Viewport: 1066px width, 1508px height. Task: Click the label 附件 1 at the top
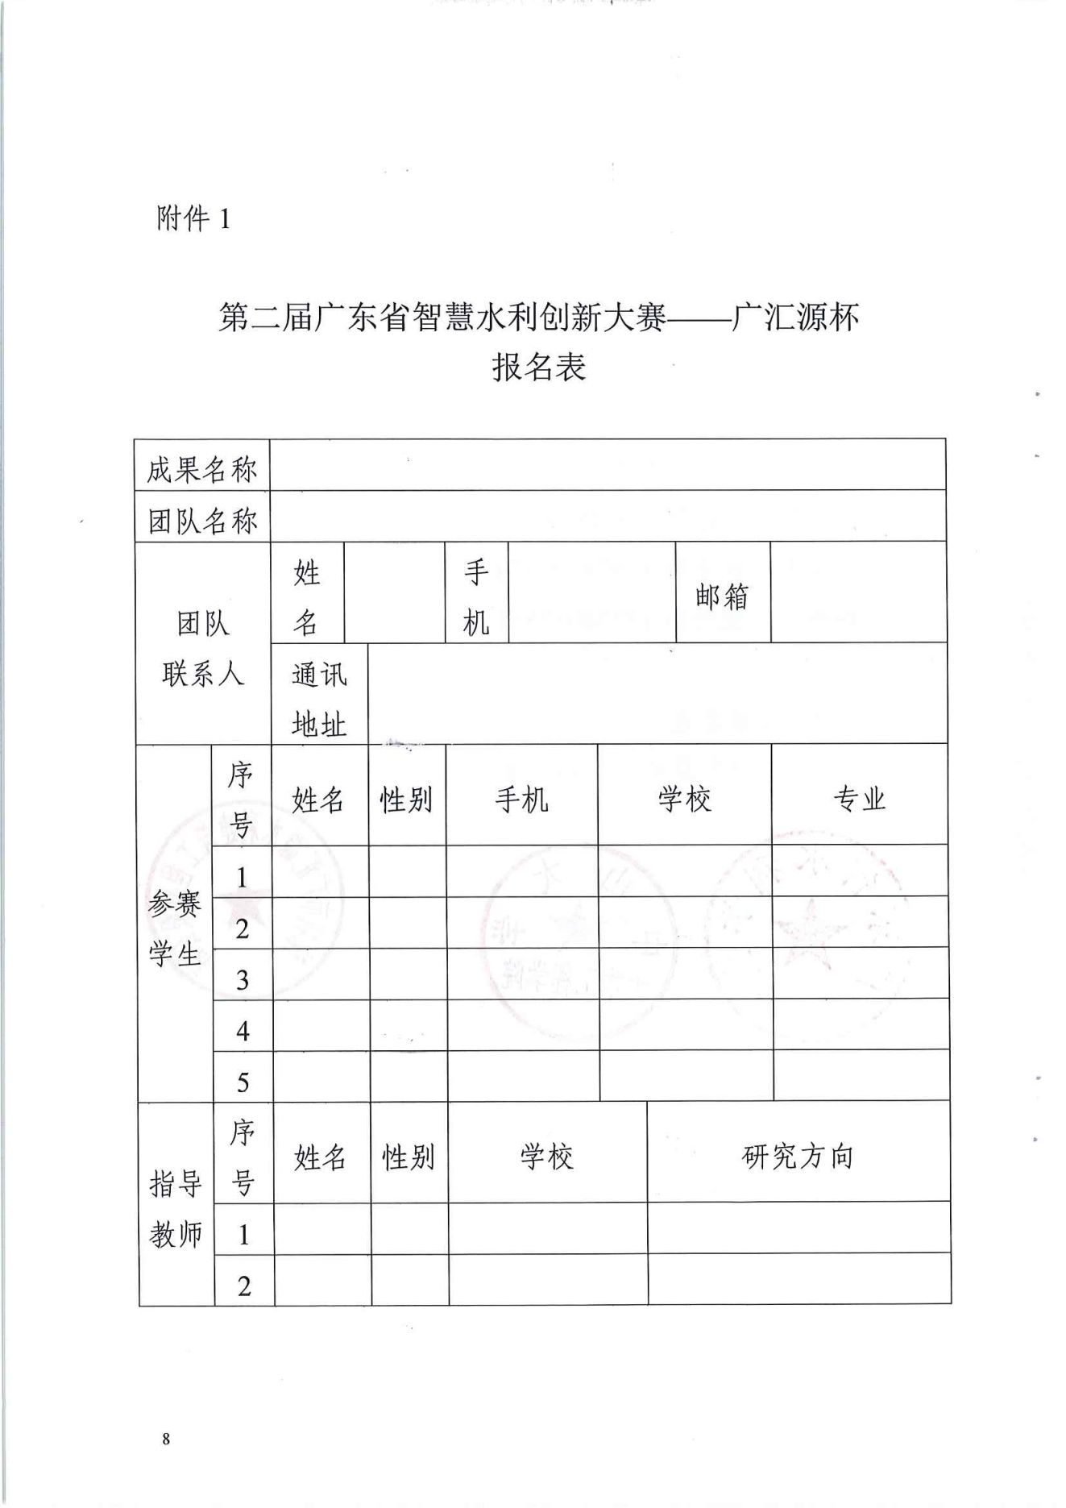point(193,218)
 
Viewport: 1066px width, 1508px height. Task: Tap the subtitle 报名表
point(538,368)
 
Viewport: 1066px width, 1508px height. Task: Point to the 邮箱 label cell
point(722,596)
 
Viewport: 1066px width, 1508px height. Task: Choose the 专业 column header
point(859,799)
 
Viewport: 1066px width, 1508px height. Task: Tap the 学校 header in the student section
point(684,799)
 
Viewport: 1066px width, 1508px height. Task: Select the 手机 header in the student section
point(521,799)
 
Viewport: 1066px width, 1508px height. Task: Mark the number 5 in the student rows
point(243,1082)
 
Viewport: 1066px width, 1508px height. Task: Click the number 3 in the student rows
point(243,980)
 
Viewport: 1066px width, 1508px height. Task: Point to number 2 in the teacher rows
point(244,1286)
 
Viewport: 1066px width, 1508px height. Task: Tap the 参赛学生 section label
point(174,929)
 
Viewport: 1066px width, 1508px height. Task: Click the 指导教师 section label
point(176,1209)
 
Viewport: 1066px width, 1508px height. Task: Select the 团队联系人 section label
point(202,648)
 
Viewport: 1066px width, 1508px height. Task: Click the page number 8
point(166,1439)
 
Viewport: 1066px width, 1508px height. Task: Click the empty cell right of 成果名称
point(608,466)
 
